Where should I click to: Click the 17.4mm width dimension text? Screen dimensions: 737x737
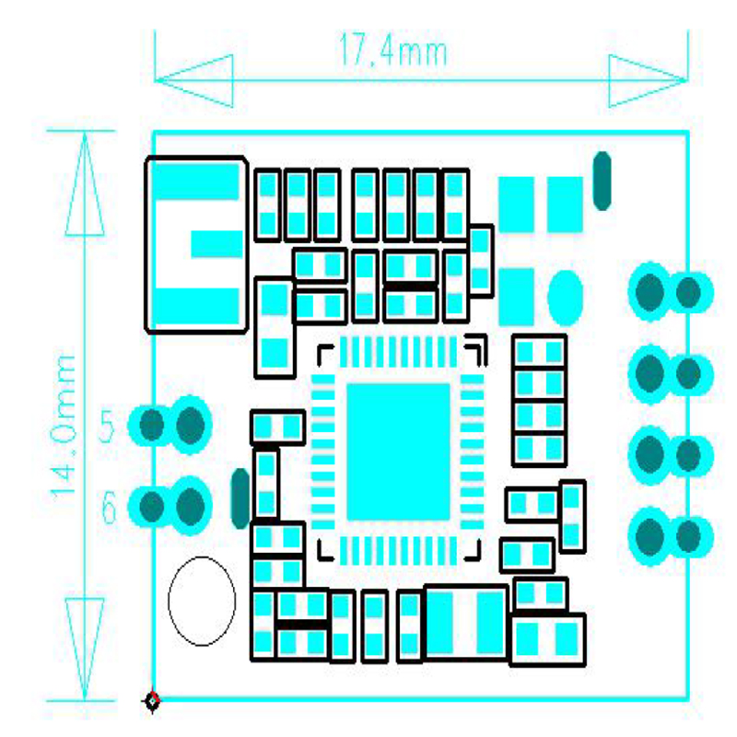pyautogui.click(x=392, y=50)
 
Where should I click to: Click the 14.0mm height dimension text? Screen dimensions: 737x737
pyautogui.click(x=64, y=427)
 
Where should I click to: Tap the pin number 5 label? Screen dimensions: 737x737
pyautogui.click(x=107, y=426)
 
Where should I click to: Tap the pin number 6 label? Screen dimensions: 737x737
pyautogui.click(x=109, y=508)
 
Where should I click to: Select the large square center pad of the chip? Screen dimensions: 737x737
pyautogui.click(x=398, y=451)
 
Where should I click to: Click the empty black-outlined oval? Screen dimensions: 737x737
pyautogui.click(x=202, y=601)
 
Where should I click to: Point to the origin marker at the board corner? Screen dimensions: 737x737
pyautogui.click(x=152, y=701)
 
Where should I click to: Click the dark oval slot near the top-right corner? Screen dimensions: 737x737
pyautogui.click(x=602, y=181)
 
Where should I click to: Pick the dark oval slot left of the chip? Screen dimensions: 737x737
pyautogui.click(x=240, y=498)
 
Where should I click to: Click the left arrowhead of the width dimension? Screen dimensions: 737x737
pyautogui.click(x=193, y=80)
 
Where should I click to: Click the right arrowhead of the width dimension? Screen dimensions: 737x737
pyautogui.click(x=649, y=80)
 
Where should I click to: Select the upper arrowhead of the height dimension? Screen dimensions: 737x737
pyautogui.click(x=85, y=183)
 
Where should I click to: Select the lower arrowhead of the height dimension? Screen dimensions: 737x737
pyautogui.click(x=85, y=649)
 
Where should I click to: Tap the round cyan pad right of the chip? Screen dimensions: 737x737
pyautogui.click(x=565, y=298)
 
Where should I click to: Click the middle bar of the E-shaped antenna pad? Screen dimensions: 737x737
pyautogui.click(x=216, y=244)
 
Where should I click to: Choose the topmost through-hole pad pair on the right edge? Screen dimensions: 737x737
pyautogui.click(x=671, y=292)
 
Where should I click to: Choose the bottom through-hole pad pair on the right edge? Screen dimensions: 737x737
pyautogui.click(x=671, y=536)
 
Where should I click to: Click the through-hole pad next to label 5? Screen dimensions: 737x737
pyautogui.click(x=170, y=426)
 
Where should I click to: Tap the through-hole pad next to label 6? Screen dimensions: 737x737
pyautogui.click(x=170, y=506)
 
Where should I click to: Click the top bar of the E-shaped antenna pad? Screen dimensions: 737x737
pyautogui.click(x=197, y=181)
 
